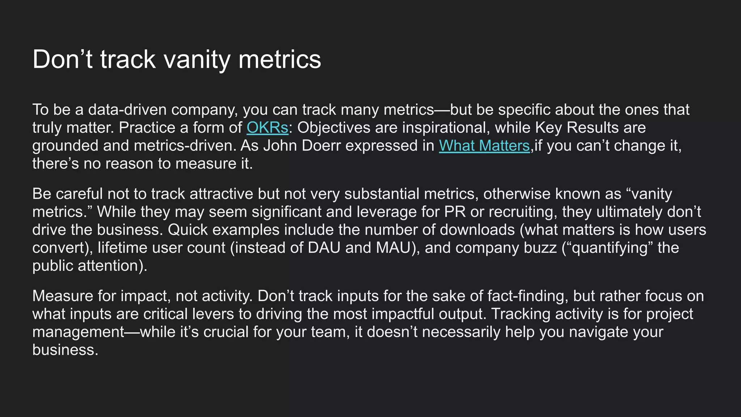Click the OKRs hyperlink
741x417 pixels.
(267, 128)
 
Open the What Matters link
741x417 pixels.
(484, 146)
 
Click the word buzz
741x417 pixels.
(541, 248)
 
